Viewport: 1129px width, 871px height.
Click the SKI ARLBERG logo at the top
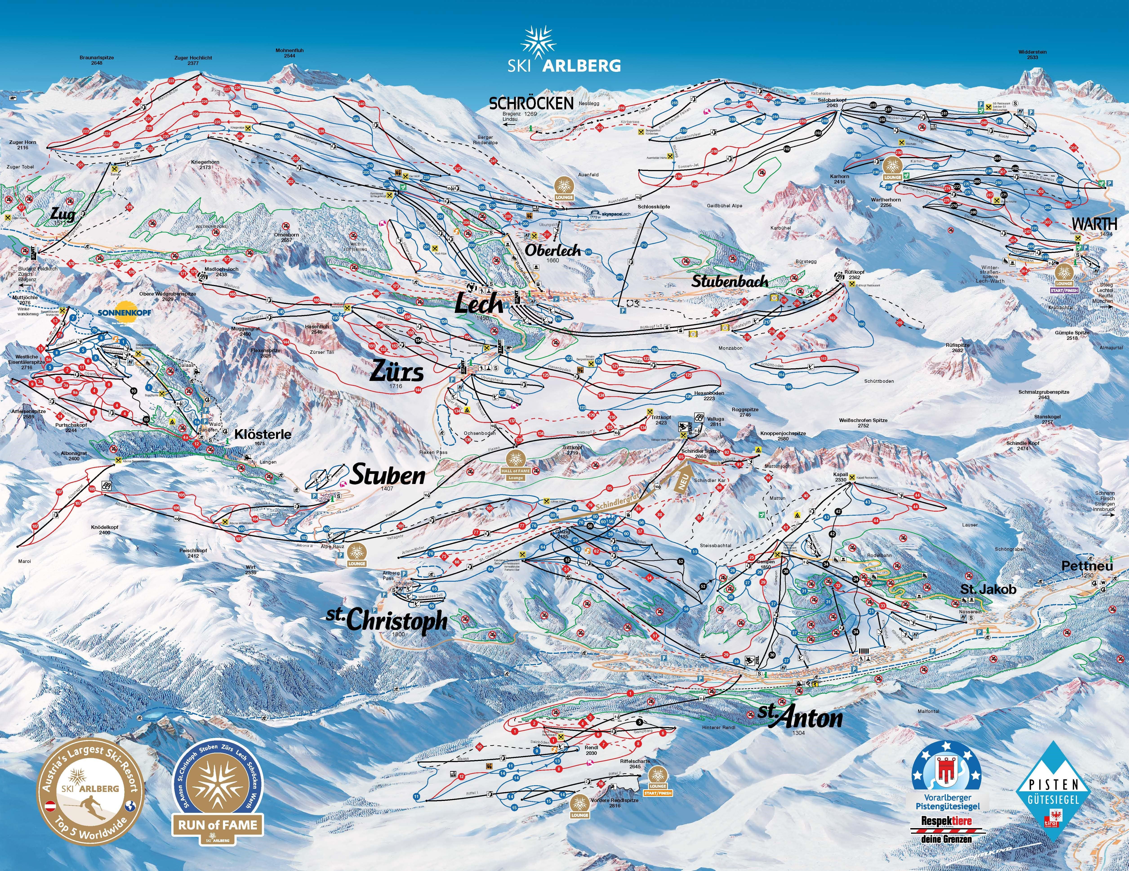pos(563,52)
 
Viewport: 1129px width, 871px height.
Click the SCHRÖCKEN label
pos(531,103)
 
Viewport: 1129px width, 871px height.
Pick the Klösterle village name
pos(263,434)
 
